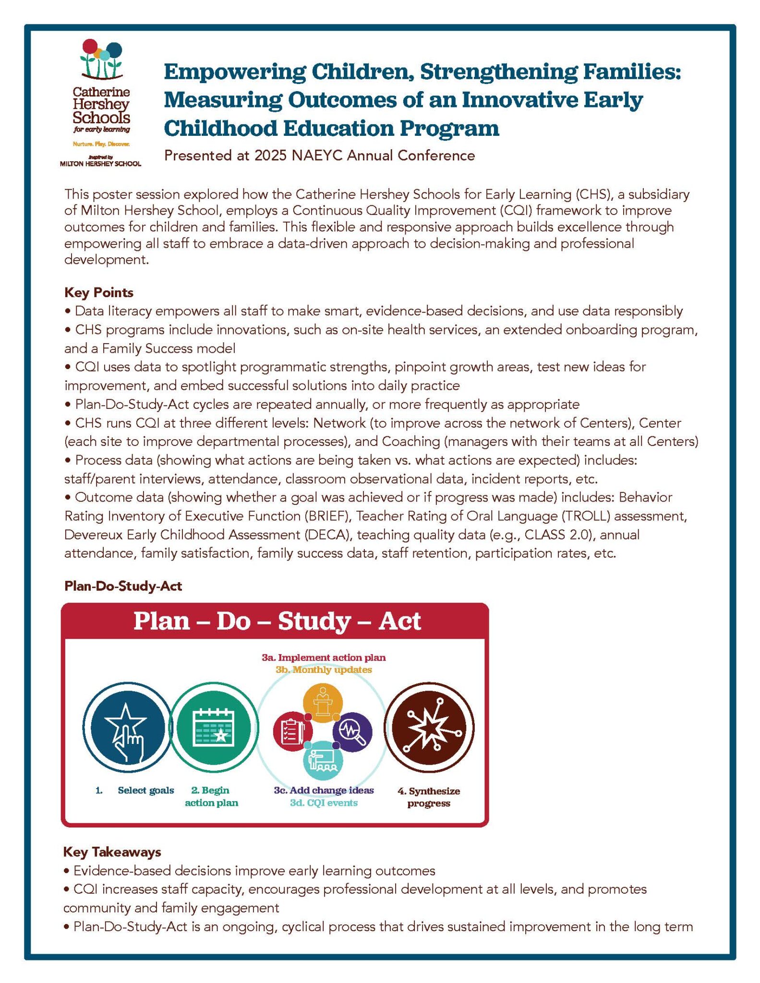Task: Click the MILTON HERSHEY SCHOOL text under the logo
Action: [x=100, y=164]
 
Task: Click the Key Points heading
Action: [x=99, y=292]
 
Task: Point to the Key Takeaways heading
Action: [x=112, y=851]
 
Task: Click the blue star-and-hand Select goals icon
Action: [x=126, y=728]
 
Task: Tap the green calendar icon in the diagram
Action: [x=213, y=728]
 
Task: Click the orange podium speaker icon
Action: [x=323, y=702]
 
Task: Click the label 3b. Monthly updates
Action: [x=324, y=670]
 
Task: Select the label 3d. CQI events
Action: [x=324, y=803]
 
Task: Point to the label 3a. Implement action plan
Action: [x=324, y=657]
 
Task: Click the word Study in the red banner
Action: [x=314, y=621]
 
